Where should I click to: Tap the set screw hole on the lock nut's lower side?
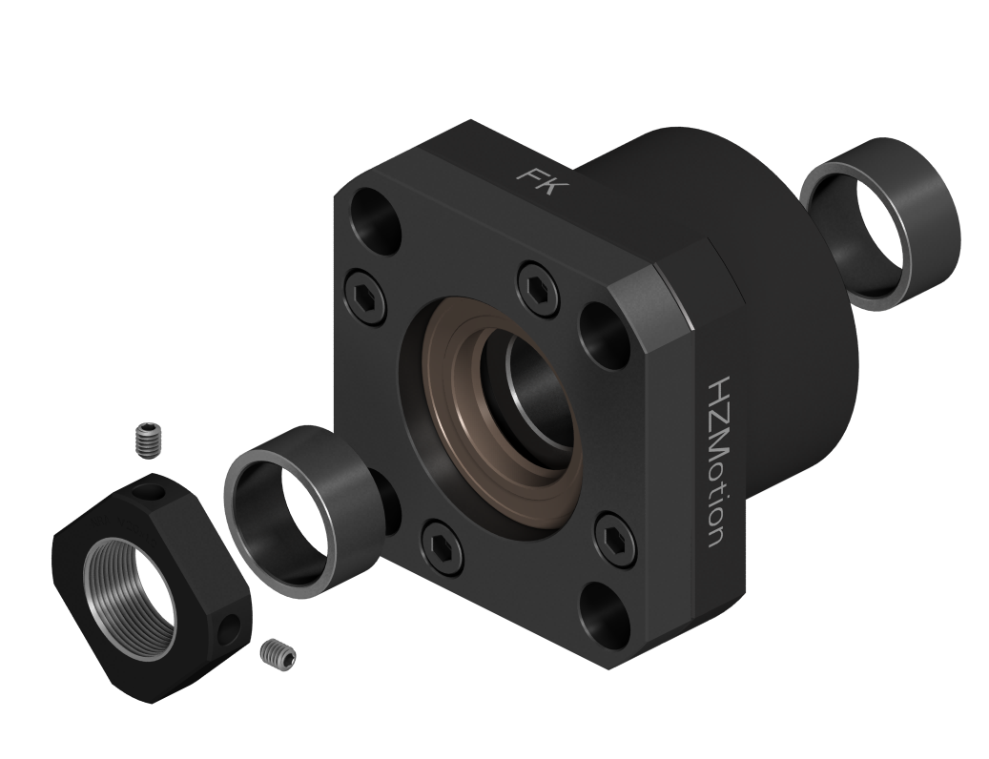tap(230, 626)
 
